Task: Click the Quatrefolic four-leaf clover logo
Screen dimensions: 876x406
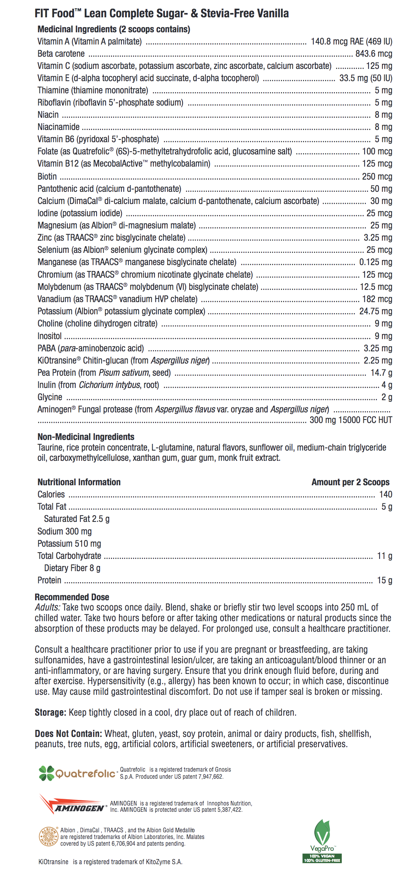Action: (47, 773)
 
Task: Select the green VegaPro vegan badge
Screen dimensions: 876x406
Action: (322, 841)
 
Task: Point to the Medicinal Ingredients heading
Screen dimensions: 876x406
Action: (114, 29)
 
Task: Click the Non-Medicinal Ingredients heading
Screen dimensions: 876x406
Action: (86, 436)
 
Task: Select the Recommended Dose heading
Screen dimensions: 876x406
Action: (72, 597)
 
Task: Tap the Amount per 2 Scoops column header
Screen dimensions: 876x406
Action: (350, 482)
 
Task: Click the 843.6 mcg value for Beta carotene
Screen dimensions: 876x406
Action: (374, 54)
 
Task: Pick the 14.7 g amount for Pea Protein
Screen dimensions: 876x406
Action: (381, 373)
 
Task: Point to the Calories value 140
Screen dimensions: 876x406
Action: (386, 494)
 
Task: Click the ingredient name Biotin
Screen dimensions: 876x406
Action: (47, 176)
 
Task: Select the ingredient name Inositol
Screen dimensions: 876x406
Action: (50, 336)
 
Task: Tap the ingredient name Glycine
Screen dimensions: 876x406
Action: (50, 397)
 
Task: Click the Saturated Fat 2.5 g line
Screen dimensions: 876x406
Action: (77, 519)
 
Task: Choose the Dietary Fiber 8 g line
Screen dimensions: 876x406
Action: (72, 568)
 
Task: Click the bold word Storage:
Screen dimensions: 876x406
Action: (50, 712)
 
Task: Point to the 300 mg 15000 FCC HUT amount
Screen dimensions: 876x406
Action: (350, 420)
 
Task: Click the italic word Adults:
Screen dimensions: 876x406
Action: (47, 607)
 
